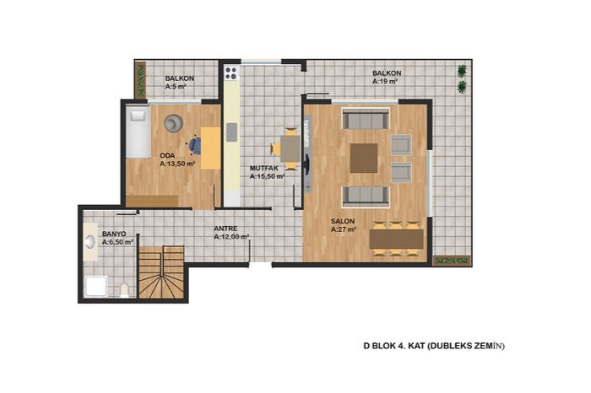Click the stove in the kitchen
[230, 73]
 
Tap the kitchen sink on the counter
[232, 132]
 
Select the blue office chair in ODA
[195, 146]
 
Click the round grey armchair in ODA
[174, 123]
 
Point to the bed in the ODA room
[138, 132]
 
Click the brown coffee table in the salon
[364, 158]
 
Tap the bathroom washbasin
[90, 242]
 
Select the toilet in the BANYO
[124, 291]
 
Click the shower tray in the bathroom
[96, 287]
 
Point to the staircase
[161, 272]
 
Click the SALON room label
[343, 221]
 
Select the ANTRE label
[225, 229]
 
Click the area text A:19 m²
[385, 81]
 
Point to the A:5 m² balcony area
[176, 87]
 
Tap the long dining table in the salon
[397, 239]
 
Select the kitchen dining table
[290, 148]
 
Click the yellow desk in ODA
[211, 148]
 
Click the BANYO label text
[114, 234]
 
